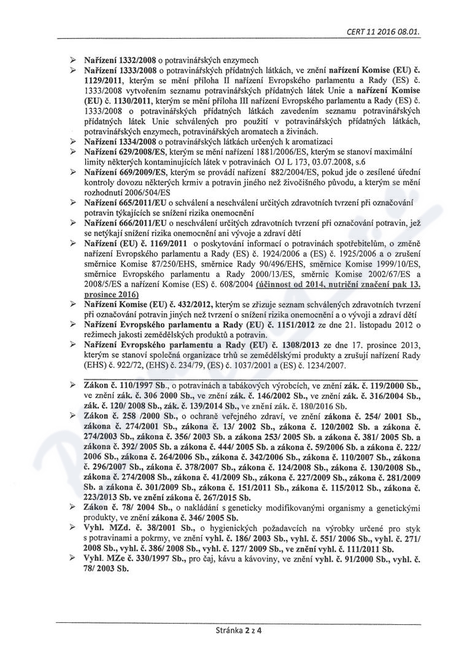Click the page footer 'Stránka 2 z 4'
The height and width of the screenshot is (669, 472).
pos(235,630)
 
